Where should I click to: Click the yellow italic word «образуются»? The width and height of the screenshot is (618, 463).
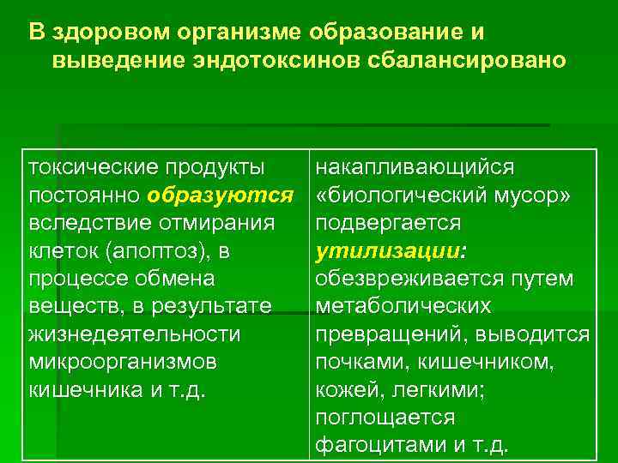(220, 195)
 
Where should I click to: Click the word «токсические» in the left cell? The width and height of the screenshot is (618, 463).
(88, 167)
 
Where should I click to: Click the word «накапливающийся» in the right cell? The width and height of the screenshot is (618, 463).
(415, 167)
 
